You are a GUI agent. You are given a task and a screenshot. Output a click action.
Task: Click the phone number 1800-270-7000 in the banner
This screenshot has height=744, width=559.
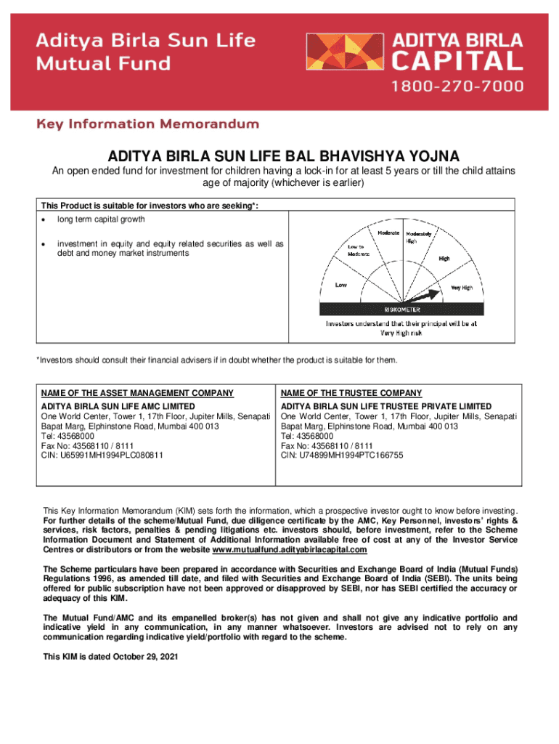pyautogui.click(x=457, y=86)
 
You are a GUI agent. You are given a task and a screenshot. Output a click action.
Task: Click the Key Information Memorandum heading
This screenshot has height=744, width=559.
pyautogui.click(x=147, y=124)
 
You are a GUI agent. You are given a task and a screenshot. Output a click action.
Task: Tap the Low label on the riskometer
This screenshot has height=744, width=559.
pyautogui.click(x=340, y=285)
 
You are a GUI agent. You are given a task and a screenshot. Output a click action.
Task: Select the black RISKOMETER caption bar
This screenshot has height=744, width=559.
pyautogui.click(x=402, y=310)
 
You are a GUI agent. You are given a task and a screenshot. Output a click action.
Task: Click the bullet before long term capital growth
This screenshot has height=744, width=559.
pyautogui.click(x=44, y=219)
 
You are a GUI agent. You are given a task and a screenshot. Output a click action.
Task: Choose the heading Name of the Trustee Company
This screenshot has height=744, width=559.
pyautogui.click(x=351, y=393)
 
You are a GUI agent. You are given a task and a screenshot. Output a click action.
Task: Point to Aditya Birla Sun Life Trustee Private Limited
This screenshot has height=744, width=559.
pyautogui.click(x=386, y=406)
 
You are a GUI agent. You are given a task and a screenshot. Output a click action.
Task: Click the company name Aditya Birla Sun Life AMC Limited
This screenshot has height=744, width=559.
pyautogui.click(x=118, y=406)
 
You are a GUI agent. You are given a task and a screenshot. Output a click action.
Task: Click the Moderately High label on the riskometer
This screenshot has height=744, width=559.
pyautogui.click(x=419, y=237)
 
